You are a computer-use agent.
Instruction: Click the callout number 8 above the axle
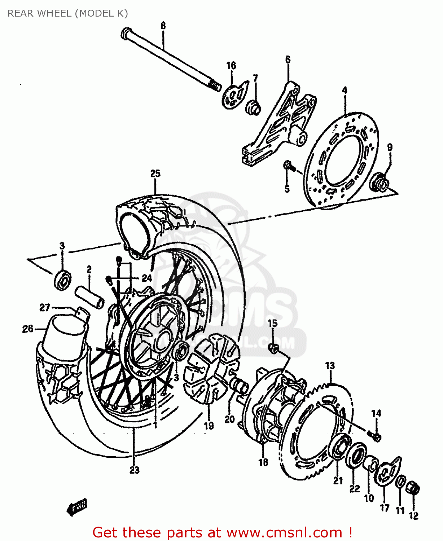click(x=163, y=26)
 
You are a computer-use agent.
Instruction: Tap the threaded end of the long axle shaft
click(x=215, y=85)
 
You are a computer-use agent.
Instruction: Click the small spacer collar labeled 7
click(x=254, y=107)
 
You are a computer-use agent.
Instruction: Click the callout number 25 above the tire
click(x=155, y=173)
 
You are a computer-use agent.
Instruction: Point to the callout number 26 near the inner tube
click(x=28, y=329)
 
